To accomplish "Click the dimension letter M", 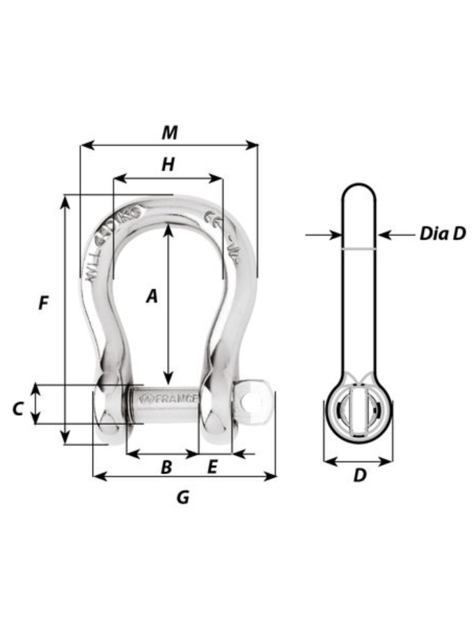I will (169, 132).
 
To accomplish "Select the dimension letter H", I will (168, 164).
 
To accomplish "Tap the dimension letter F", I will (43, 304).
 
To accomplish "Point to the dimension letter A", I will (152, 297).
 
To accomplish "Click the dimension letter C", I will (18, 409).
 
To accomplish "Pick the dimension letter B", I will (166, 467).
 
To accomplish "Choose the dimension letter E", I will (212, 467).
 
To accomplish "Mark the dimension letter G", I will (182, 496).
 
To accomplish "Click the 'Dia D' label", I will (442, 233).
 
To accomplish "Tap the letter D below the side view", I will (359, 476).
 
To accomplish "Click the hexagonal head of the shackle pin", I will (254, 403).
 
